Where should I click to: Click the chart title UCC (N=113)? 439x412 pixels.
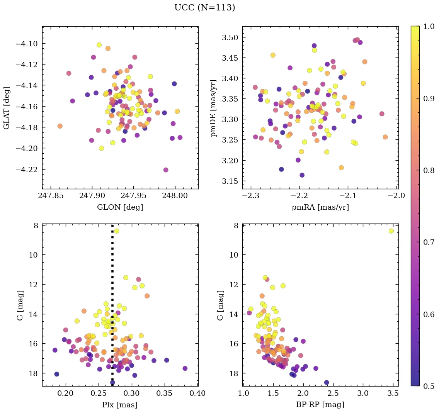point(204,8)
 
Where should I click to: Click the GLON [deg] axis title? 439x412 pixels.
point(120,207)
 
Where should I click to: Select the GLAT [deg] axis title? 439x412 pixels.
point(7,108)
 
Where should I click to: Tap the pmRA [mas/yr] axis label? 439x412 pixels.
point(320,207)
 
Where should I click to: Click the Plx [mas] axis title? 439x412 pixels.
point(120,405)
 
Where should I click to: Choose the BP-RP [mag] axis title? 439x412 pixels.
point(320,405)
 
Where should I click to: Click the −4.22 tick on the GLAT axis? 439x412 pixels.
point(26,170)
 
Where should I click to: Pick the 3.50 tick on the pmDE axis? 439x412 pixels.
point(229,37)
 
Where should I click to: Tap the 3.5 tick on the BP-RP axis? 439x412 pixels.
point(393,394)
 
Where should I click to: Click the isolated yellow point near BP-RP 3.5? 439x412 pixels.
point(391,231)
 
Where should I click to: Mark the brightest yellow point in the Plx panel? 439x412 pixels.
point(116,231)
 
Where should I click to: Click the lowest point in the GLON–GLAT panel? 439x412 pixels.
point(166,170)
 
